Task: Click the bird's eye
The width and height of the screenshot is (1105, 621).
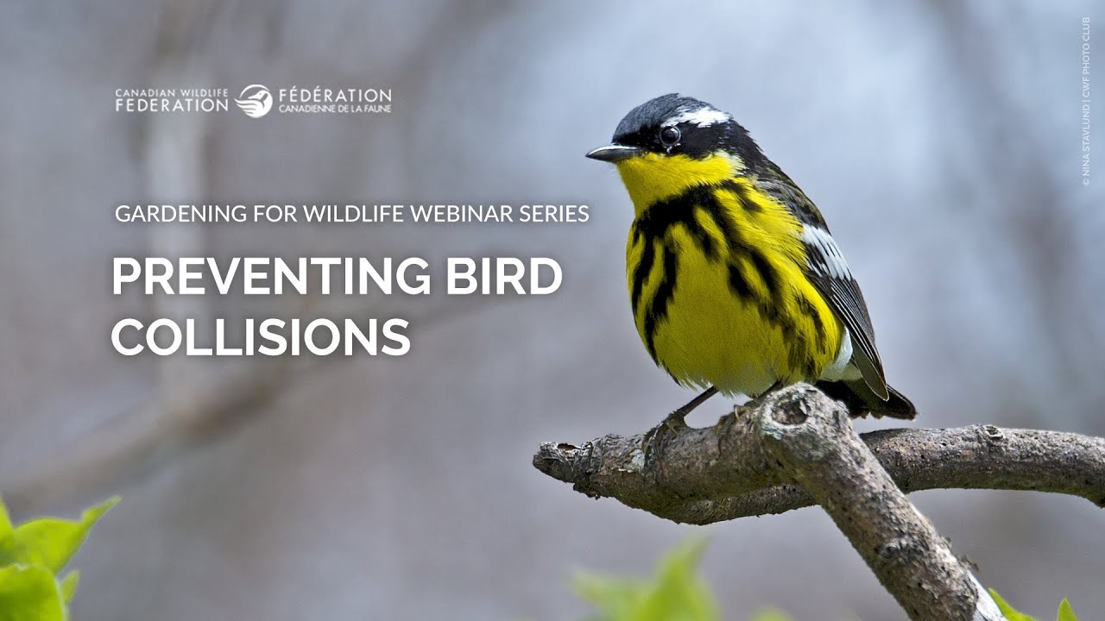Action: tap(669, 135)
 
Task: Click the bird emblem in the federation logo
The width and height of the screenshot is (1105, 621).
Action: tap(254, 101)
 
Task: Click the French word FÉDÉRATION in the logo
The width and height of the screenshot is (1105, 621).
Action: tap(334, 95)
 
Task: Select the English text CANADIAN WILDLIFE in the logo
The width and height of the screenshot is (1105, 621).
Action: tap(172, 92)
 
